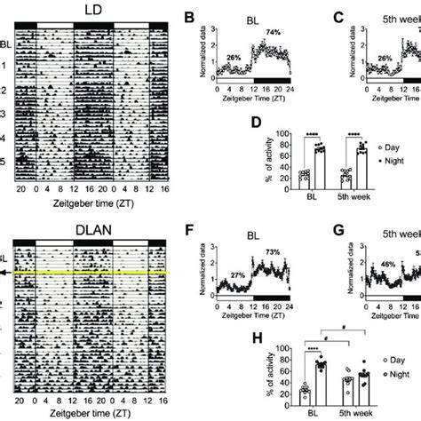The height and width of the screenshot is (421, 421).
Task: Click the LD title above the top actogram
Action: tap(93, 9)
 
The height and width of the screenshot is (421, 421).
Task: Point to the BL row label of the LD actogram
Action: tap(7, 44)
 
